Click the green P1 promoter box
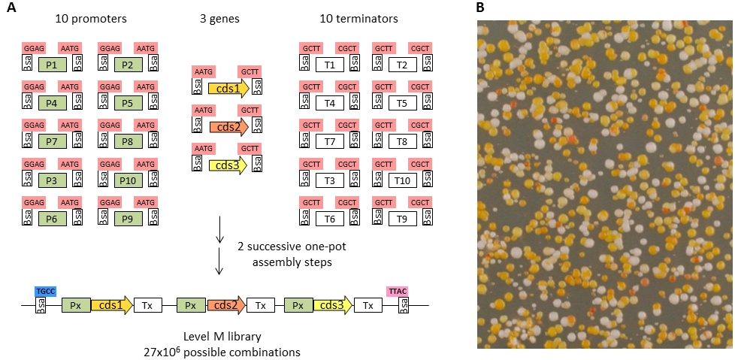(52, 65)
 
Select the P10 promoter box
(127, 180)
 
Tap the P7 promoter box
(52, 142)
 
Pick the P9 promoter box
(127, 219)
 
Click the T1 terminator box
(330, 65)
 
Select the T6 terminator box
(330, 219)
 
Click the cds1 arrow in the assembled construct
(111, 306)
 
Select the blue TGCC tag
(45, 290)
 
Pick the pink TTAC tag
(397, 290)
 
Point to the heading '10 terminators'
(366, 19)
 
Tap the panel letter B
(481, 8)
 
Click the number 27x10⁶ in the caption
(166, 351)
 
